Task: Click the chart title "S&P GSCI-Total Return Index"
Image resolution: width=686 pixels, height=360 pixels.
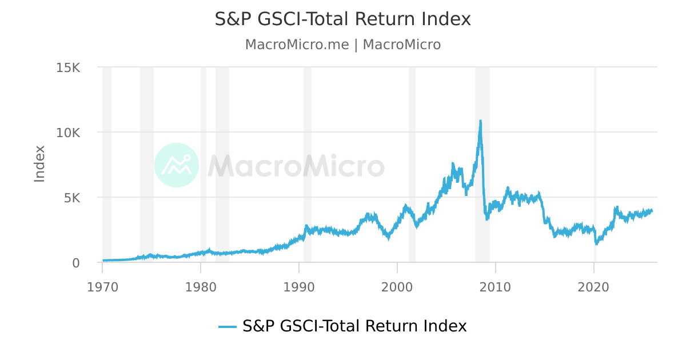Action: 342,19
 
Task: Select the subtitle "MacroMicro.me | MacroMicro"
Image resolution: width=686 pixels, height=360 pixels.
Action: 342,45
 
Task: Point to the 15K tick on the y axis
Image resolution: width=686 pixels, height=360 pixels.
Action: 69,67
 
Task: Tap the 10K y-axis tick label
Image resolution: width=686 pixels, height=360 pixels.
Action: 69,133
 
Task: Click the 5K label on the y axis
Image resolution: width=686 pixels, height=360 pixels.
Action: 72,198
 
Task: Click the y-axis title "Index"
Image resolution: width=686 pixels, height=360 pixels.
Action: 39,164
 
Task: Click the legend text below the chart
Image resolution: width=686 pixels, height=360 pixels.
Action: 354,326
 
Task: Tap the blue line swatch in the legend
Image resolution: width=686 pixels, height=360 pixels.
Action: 228,326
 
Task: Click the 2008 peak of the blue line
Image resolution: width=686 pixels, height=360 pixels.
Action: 480,121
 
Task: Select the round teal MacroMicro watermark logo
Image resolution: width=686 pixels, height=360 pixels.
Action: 177,165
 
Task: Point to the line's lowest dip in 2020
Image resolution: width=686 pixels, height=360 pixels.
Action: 596,243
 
